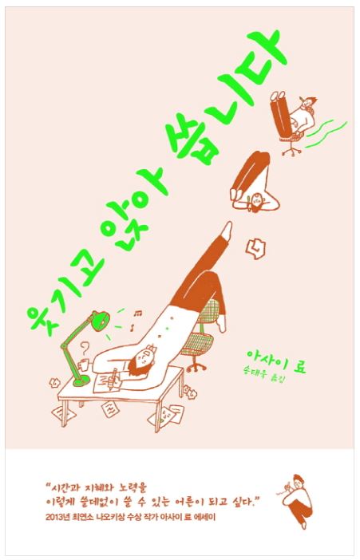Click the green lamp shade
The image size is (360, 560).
[x=101, y=319]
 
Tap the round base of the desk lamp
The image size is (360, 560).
[x=81, y=381]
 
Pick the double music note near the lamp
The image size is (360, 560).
[x=137, y=314]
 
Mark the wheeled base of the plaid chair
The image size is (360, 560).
[x=196, y=365]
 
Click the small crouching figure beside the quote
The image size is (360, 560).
[x=295, y=501]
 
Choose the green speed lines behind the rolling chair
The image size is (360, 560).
[x=324, y=134]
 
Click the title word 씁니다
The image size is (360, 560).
[x=228, y=96]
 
